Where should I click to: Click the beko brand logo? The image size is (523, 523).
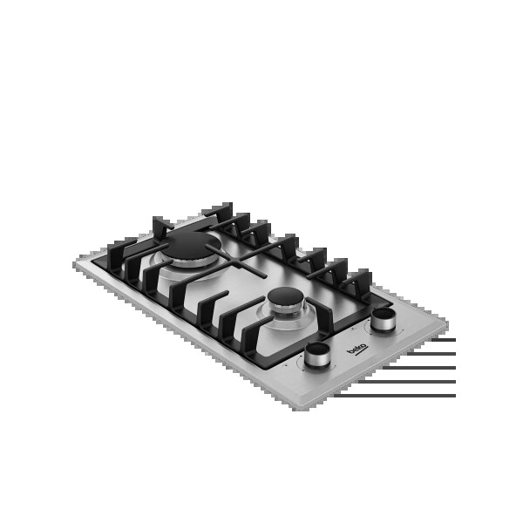[357, 348]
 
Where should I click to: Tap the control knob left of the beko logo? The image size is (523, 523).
[316, 356]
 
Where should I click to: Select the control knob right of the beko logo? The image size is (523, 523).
[384, 320]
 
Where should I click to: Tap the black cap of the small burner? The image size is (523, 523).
[286, 295]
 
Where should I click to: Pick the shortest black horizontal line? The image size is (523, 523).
[444, 340]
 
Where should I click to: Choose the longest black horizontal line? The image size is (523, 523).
[395, 396]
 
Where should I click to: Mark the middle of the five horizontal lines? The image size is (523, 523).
[419, 368]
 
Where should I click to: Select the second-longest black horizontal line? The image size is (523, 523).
[407, 382]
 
